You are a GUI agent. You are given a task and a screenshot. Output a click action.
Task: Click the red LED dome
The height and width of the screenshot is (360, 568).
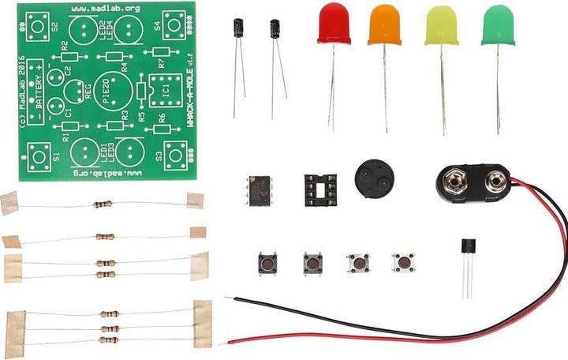point(334,24)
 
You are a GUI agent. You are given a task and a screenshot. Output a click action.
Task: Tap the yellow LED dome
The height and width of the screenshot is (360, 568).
point(442,26)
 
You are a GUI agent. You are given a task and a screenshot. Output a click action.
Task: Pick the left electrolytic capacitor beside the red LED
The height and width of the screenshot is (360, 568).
point(237,29)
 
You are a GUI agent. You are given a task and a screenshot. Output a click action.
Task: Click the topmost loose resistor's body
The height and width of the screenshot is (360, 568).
point(103,204)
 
